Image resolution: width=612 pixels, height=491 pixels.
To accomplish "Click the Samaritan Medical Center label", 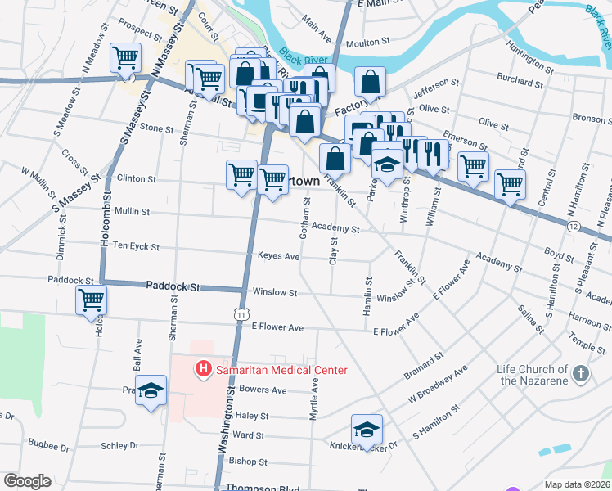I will tap(281, 370).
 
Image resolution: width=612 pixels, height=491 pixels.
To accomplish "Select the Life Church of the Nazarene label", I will tap(532, 375).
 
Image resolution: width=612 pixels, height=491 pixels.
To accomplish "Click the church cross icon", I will tap(580, 373).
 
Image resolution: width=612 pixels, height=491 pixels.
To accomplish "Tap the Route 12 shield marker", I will tap(573, 226).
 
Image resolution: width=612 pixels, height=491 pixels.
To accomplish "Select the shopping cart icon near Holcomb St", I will tap(91, 300).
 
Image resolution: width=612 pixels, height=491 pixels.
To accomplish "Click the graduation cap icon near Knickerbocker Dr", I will tap(367, 429).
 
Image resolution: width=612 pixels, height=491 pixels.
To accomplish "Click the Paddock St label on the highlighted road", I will tap(173, 286).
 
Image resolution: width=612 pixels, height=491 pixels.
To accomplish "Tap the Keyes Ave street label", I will tap(278, 256).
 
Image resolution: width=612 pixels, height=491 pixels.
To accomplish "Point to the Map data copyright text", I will tap(576, 484).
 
